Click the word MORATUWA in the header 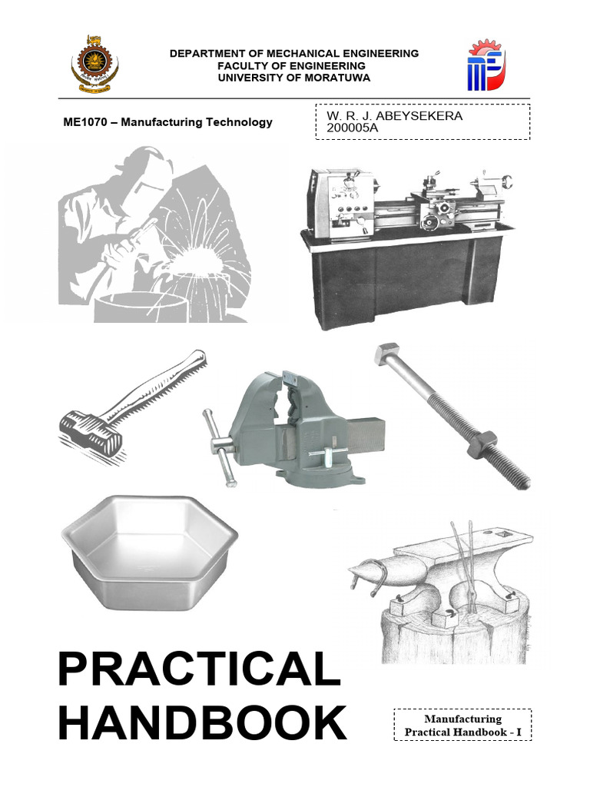coord(337,78)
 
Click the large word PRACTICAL coord(199,669)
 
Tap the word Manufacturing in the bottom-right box coord(462,719)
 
